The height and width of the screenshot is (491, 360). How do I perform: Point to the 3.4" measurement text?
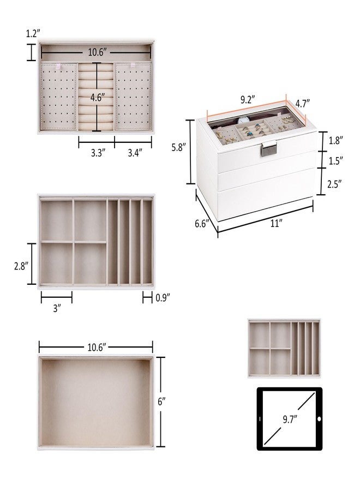point(133,153)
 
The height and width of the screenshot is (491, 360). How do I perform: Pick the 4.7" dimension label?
point(302,103)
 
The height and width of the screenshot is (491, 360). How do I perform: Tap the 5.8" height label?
point(177,148)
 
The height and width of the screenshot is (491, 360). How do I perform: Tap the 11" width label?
point(278,223)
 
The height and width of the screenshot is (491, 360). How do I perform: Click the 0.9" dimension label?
point(163,297)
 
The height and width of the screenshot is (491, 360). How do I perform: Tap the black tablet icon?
point(289,418)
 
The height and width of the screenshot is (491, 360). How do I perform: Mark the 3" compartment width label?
point(57,308)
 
